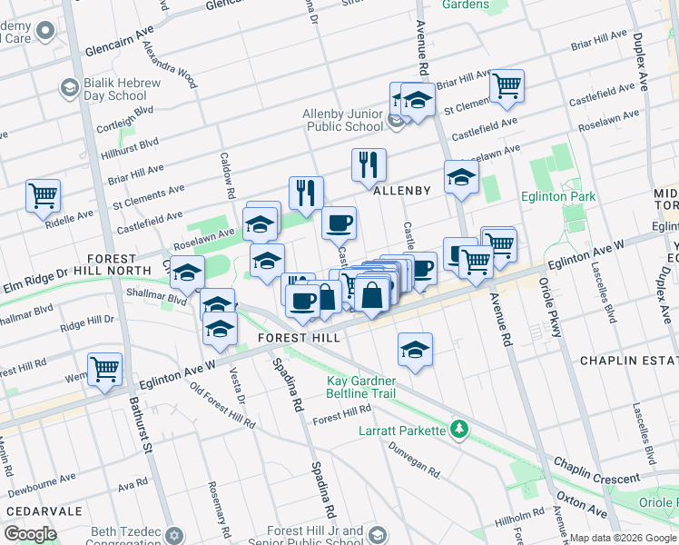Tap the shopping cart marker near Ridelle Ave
(43, 194)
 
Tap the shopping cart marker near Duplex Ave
(507, 86)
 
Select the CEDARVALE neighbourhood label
(36, 510)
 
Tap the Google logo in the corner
(30, 534)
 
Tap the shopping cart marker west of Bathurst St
(105, 370)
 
